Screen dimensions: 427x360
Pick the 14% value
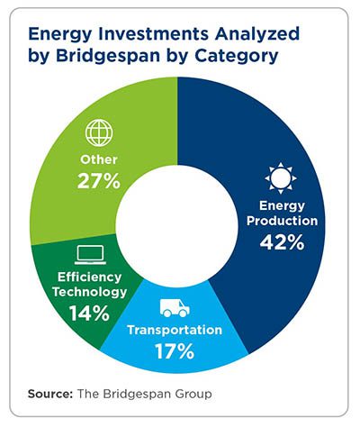point(87,313)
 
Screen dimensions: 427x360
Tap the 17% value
point(173,351)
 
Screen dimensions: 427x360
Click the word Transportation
point(173,331)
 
